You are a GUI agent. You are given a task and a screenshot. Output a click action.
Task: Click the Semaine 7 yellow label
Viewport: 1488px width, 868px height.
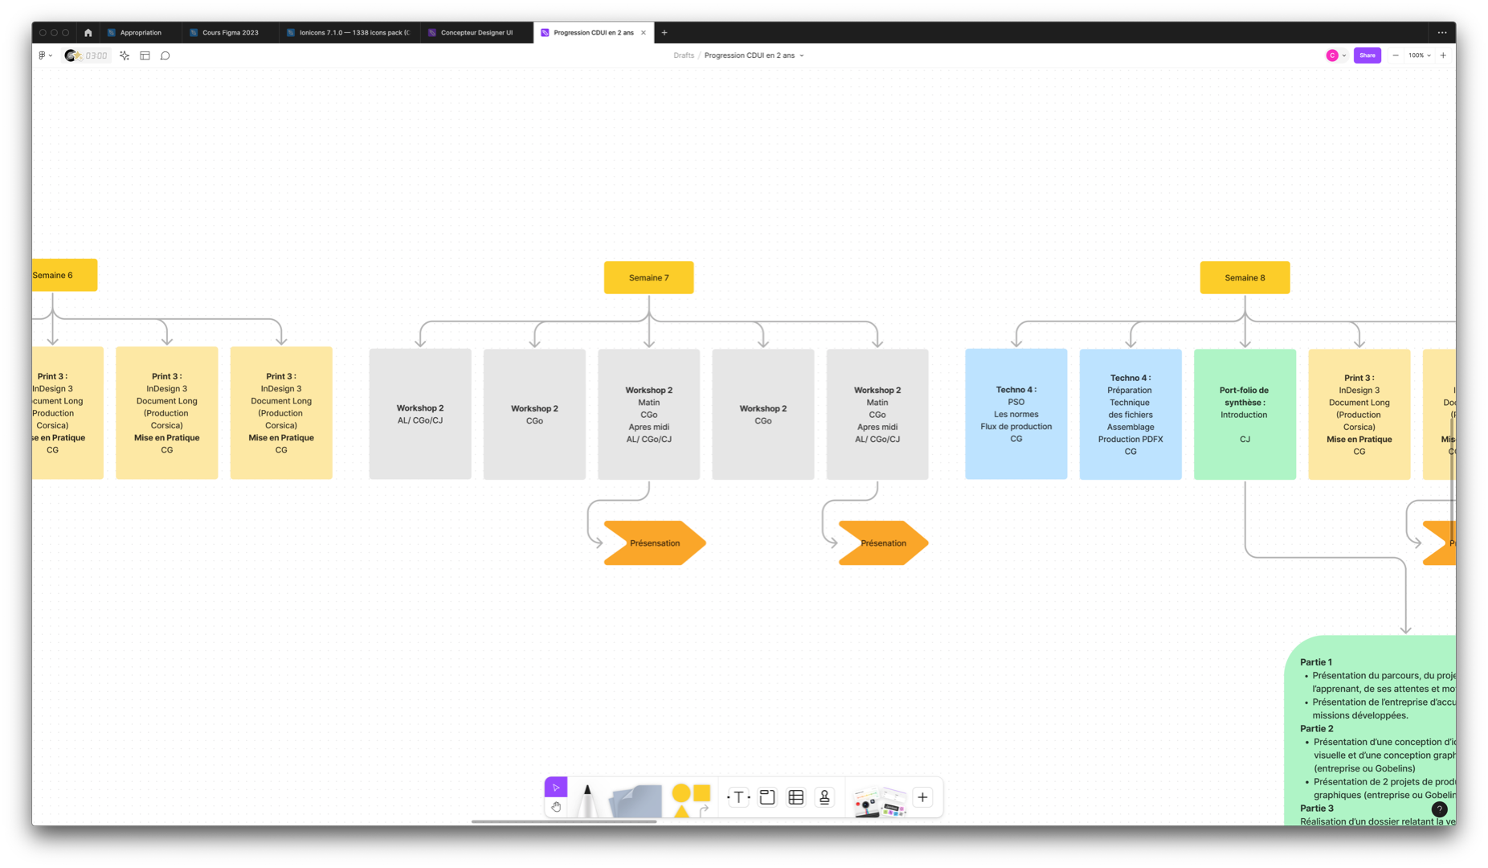[648, 277]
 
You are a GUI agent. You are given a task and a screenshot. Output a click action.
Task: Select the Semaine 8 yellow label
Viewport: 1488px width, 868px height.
[1245, 277]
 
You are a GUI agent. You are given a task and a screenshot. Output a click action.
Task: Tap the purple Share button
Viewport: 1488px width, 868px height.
[1367, 55]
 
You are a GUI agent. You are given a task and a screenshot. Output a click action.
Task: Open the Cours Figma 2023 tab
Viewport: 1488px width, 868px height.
[230, 33]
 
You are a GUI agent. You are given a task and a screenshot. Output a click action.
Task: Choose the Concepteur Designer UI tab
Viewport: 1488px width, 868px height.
[476, 33]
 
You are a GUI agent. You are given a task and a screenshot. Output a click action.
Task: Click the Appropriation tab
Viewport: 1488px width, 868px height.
[140, 33]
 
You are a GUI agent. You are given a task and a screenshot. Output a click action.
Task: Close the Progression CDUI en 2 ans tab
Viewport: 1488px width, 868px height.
[644, 33]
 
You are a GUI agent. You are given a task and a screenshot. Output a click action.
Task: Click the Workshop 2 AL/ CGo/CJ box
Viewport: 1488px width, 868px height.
[420, 414]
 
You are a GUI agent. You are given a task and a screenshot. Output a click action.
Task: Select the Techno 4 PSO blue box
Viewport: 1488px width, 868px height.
[1016, 414]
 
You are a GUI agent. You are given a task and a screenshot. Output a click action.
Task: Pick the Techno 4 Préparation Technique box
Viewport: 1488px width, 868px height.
[1130, 414]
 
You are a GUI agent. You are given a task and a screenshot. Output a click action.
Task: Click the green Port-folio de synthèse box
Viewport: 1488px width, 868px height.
[1245, 414]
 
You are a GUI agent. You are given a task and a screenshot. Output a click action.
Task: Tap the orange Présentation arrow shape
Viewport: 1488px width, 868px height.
[654, 543]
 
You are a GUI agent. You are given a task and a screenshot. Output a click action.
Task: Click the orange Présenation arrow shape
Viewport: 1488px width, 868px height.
[883, 543]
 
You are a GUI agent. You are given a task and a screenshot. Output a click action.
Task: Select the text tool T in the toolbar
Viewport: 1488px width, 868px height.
[738, 797]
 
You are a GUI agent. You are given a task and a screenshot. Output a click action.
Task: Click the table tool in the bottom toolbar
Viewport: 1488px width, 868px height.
[796, 797]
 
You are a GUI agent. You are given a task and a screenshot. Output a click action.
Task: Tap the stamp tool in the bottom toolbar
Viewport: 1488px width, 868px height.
[824, 797]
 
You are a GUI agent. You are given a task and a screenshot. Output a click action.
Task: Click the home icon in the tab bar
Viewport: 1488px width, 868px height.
[88, 33]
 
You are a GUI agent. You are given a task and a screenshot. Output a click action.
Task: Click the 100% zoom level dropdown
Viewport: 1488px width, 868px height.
[1419, 55]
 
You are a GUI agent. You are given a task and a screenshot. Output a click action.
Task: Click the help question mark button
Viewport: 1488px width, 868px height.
[1439, 809]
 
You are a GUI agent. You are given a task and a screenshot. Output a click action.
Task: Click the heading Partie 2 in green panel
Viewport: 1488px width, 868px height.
[1316, 728]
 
